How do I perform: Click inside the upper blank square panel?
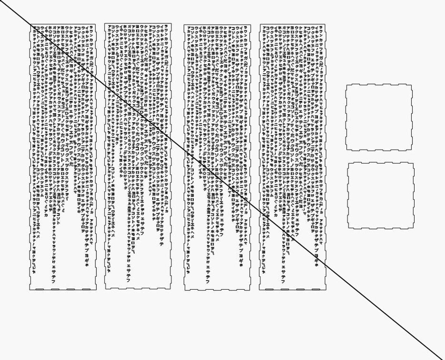pos(378,117)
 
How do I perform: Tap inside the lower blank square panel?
pos(381,195)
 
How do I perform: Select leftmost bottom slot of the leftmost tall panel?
pos(40,289)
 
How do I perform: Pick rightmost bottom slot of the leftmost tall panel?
pos(86,289)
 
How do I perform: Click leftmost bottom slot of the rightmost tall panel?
pos(269,289)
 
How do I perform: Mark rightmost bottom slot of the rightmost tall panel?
pos(316,289)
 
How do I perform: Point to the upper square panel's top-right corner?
pos(411,85)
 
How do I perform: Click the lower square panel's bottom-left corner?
pos(348,228)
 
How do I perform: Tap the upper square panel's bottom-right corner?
pos(411,150)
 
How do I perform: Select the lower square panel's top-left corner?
pos(348,163)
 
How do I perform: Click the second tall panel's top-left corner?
pos(105,24)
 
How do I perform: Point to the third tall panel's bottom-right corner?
pos(250,290)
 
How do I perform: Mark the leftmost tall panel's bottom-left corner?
pos(30,290)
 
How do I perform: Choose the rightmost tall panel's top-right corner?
pos(325,24)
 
